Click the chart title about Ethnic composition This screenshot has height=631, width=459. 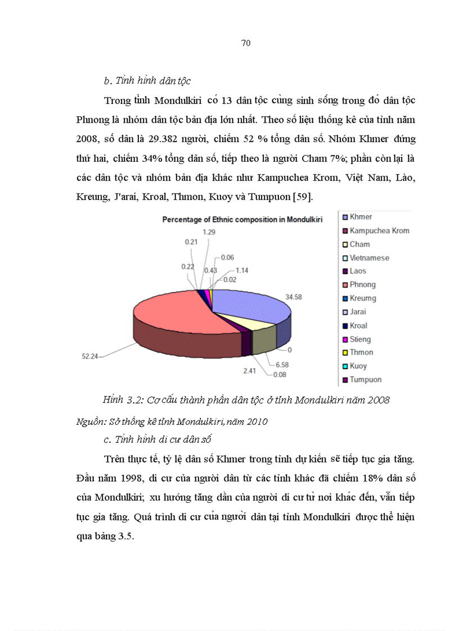(x=242, y=220)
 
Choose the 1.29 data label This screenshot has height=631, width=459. (x=209, y=231)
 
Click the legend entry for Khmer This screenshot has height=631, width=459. (x=361, y=217)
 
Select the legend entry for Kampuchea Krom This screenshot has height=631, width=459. (x=379, y=230)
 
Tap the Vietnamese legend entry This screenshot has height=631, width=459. (x=369, y=258)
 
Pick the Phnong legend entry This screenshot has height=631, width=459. (x=362, y=285)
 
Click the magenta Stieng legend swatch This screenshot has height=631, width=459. (x=344, y=339)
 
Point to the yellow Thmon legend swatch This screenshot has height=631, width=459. (x=344, y=353)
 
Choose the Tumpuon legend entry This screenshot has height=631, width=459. (x=365, y=380)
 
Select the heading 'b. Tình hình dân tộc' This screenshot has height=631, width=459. (x=147, y=81)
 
